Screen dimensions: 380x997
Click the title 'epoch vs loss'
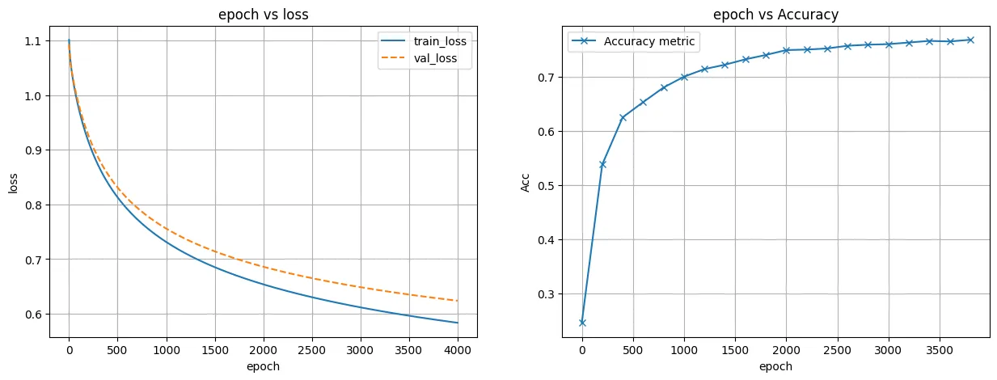pos(264,14)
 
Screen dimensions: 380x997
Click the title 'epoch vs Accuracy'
pos(775,14)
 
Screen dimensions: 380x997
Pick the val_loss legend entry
pos(433,58)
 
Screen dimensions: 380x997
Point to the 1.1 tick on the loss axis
pos(32,41)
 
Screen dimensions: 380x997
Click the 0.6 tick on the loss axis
pos(32,315)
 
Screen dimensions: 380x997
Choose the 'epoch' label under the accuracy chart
pos(775,366)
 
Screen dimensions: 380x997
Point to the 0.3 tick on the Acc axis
pos(545,294)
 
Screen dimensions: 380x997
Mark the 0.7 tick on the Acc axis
pos(545,78)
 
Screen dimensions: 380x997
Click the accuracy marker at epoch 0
pos(582,323)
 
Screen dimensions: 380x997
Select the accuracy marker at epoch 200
pos(602,164)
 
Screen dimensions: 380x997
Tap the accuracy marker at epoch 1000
pos(684,77)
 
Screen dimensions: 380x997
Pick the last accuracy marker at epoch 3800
pos(970,40)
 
